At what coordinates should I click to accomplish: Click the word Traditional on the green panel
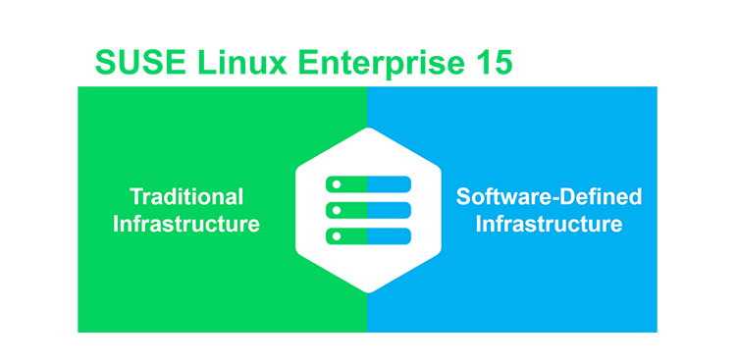tap(185, 196)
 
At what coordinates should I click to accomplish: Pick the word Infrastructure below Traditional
tap(185, 224)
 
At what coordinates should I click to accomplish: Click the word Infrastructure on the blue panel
tap(549, 224)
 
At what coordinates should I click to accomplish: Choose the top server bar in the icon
tap(367, 183)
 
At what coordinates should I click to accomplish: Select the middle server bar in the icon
tap(367, 210)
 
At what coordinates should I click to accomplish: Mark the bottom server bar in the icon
tap(367, 236)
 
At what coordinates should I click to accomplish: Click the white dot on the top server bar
tap(336, 183)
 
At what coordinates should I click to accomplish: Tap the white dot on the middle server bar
tap(336, 210)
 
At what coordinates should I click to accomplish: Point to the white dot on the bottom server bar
tap(336, 236)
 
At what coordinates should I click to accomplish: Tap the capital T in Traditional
tap(135, 196)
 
